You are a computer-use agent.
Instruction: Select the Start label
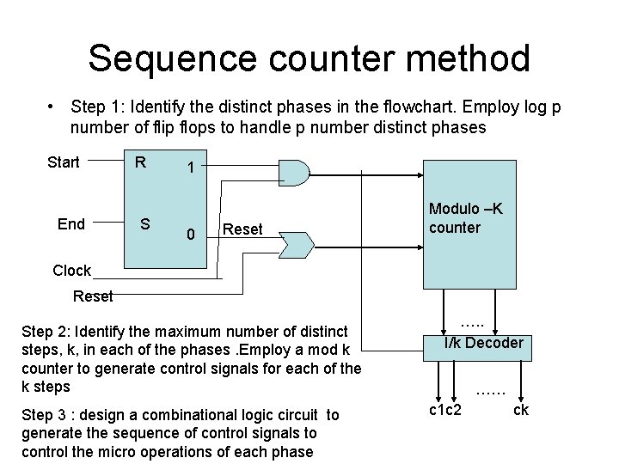coord(64,162)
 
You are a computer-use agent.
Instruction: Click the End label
coord(70,224)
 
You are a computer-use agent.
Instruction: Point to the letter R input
coord(140,161)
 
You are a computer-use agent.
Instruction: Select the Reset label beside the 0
coord(242,229)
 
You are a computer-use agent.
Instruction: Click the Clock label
coord(71,271)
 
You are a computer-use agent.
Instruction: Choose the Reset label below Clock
coord(93,296)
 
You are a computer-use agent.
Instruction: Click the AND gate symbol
coord(295,173)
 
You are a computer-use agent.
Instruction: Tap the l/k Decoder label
coord(483,343)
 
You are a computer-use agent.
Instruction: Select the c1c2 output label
coord(445,409)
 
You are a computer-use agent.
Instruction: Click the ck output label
coord(520,409)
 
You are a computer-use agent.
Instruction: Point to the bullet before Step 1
coord(53,107)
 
